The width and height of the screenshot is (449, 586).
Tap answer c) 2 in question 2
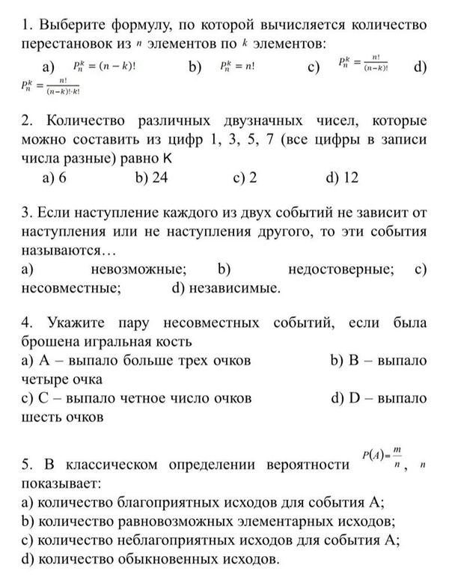(246, 177)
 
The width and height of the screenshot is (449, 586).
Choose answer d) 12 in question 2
(342, 177)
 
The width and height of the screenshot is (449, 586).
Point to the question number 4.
(28, 323)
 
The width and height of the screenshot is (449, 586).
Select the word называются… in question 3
(69, 250)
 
